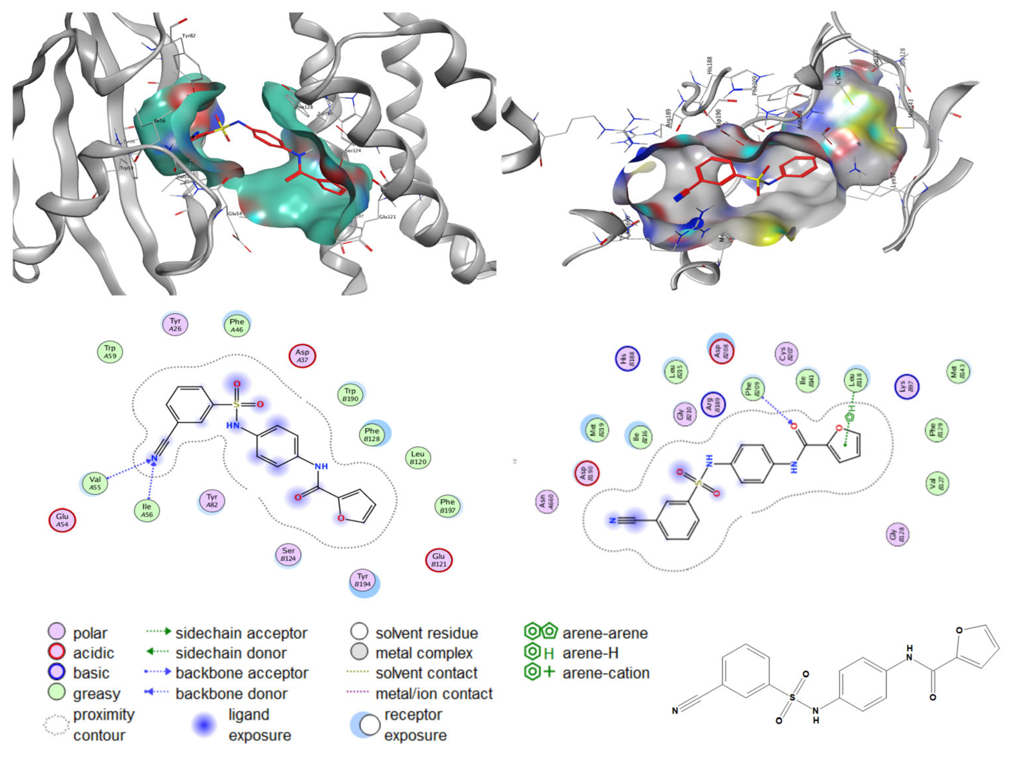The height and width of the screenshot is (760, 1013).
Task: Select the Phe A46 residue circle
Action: [236, 325]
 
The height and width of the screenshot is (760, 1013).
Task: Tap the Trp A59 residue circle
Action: [110, 352]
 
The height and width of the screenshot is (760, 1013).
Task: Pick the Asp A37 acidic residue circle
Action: [302, 356]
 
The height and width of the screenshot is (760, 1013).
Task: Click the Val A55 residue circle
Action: [95, 483]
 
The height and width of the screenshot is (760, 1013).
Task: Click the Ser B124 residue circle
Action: [288, 554]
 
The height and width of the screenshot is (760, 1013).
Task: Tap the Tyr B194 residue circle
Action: [363, 581]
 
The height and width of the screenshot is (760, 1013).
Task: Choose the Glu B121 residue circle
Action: [439, 560]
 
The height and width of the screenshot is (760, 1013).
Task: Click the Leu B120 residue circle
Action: [418, 458]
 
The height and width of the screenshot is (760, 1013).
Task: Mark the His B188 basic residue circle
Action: [627, 359]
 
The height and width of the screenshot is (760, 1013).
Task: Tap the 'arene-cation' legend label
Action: [606, 673]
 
